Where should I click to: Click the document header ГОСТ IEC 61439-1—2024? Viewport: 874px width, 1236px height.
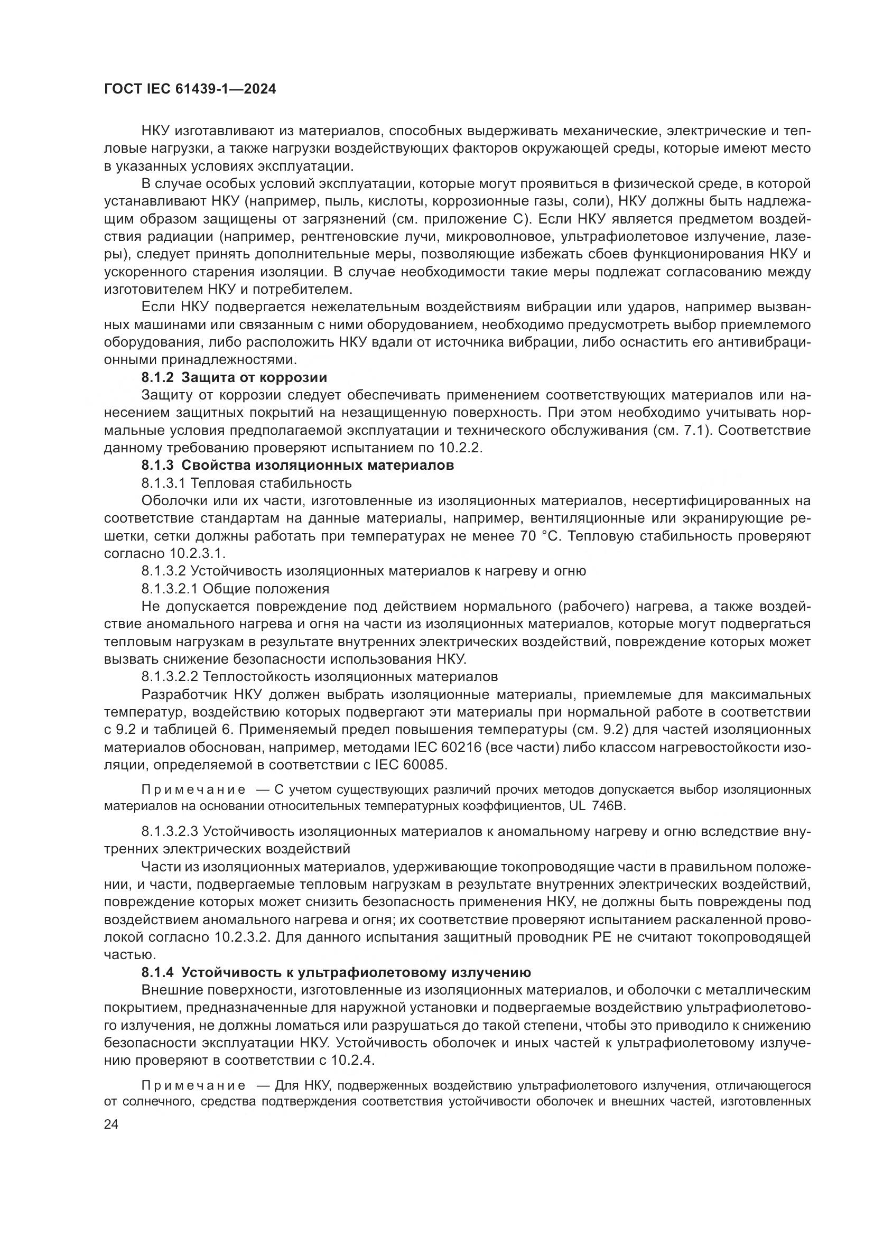[x=190, y=89]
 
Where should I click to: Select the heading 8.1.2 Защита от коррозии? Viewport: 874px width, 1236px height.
[x=234, y=377]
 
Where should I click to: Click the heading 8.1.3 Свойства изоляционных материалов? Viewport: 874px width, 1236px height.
[x=297, y=465]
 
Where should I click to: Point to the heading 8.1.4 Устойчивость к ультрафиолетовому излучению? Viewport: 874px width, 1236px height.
[x=336, y=972]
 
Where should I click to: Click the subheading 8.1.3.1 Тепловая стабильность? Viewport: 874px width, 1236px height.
[x=246, y=483]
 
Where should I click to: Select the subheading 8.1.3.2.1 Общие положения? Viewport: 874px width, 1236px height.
[x=235, y=588]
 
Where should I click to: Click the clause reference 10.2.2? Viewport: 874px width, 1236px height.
[x=462, y=448]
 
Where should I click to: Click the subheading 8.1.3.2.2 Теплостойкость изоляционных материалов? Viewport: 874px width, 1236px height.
[x=319, y=676]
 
